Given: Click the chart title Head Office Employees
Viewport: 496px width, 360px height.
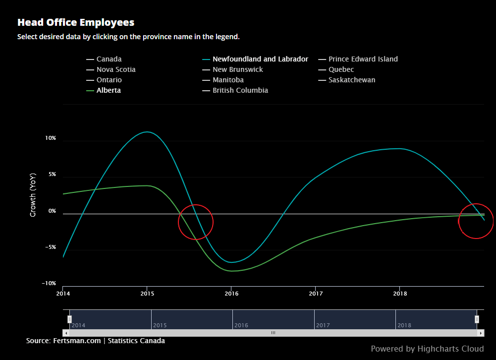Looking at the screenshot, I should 76,22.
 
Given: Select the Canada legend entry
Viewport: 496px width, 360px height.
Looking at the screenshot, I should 109,59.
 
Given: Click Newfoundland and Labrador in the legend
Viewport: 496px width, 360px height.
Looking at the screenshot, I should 260,59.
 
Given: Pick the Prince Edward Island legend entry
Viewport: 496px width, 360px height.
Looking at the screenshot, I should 363,59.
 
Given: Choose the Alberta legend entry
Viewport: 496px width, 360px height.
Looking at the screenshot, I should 109,90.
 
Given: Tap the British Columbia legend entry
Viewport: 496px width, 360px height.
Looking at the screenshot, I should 240,90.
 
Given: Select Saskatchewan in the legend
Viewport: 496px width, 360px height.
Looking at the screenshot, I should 352,80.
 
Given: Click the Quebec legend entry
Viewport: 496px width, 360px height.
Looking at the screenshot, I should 341,69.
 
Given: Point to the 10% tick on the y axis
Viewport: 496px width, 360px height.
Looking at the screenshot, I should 51,138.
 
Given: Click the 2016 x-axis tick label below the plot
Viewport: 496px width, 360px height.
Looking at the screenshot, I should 231,294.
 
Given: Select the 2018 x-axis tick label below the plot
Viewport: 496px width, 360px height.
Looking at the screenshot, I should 400,294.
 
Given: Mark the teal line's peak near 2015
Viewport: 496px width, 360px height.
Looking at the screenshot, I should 147,132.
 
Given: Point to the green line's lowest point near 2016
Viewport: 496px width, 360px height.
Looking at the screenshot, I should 231,271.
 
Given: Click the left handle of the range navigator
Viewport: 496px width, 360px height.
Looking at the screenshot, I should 69,319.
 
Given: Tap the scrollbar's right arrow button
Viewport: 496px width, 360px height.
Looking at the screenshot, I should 481,333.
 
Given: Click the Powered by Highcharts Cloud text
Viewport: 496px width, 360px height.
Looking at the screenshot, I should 427,349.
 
